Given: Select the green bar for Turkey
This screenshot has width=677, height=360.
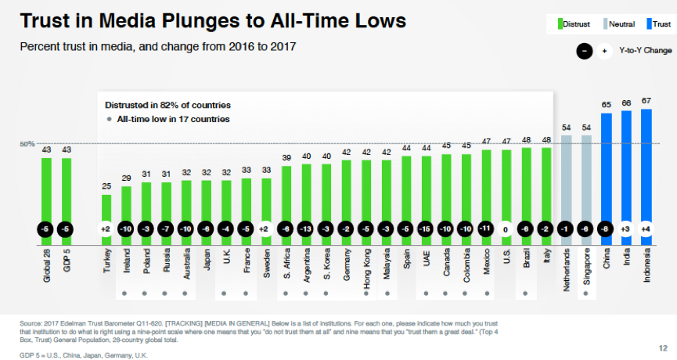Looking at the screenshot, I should pos(106,207).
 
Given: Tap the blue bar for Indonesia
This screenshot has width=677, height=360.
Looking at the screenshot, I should pos(646,164).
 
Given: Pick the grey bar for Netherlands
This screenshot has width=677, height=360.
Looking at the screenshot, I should pos(567,176).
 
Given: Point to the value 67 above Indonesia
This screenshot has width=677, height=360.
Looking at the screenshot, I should pos(646,101).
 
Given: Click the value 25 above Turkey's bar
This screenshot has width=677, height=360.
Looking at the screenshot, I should pos(106,186).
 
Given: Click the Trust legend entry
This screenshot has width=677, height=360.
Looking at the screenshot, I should pos(657,24).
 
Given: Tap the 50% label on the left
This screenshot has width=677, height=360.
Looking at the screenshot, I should pos(27,144).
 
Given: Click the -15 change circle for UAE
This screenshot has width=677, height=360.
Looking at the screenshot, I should pos(427,229).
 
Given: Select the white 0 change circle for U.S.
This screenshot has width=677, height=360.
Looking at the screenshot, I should pos(506,229).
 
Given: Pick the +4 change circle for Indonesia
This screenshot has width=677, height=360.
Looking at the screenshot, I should pos(646,229).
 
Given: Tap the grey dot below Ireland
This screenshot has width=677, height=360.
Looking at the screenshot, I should pos(125,294).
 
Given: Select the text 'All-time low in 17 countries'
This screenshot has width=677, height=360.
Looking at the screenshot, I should pos(173,120).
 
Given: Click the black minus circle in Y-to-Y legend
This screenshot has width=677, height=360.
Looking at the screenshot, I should pos(584,52).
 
